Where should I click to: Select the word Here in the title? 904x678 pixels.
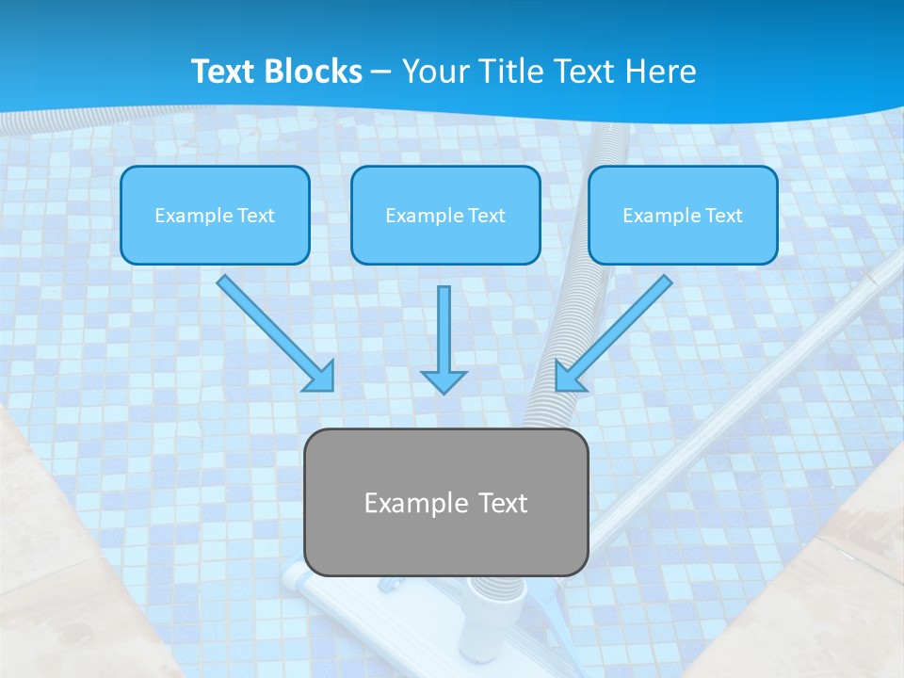pos(661,72)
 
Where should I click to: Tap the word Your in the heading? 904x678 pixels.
pos(433,72)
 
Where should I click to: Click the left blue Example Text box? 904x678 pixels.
pos(215,215)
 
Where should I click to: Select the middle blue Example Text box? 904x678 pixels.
pos(445,215)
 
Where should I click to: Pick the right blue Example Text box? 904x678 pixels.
pos(683,215)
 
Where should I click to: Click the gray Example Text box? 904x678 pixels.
pos(446,502)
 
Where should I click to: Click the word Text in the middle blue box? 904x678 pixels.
pos(487,216)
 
